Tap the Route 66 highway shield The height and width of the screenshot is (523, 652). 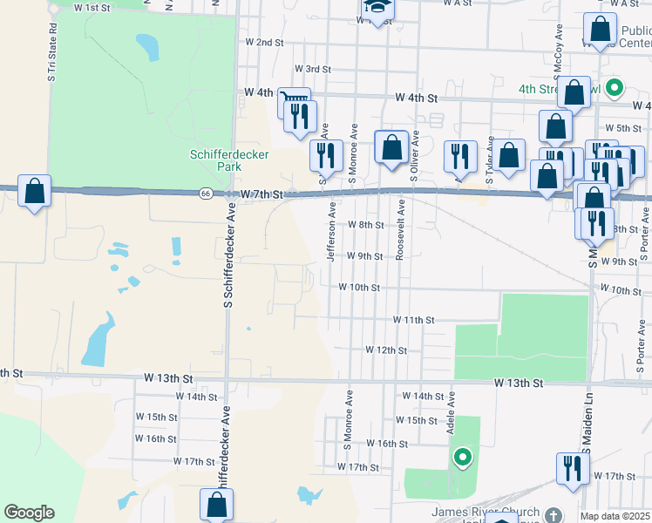[x=204, y=194]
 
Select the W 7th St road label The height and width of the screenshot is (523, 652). [x=263, y=194]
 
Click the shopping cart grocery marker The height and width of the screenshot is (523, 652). [x=295, y=103]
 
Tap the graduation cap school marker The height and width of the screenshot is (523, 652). [x=377, y=9]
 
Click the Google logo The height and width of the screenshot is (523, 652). [x=29, y=513]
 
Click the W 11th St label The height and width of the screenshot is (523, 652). [x=413, y=321]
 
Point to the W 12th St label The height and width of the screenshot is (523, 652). [x=386, y=350]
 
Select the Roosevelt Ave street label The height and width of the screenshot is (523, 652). [x=400, y=230]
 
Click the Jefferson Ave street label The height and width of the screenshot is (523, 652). [x=331, y=232]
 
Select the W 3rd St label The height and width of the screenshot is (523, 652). [x=313, y=69]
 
